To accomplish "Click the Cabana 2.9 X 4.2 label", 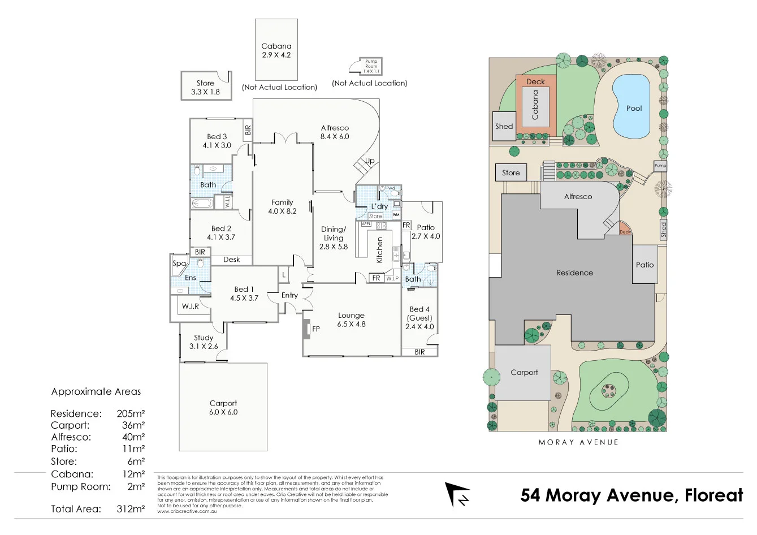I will [276, 50].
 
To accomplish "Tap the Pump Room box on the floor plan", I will [371, 66].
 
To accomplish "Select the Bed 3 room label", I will [217, 141].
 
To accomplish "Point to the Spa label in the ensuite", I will [179, 264].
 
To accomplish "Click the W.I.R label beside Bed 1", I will [190, 306].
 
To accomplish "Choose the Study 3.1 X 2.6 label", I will [204, 342].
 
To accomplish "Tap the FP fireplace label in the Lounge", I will [316, 329].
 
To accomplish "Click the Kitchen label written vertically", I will [380, 249].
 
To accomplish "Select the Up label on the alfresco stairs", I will [370, 161].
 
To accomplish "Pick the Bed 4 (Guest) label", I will [419, 318].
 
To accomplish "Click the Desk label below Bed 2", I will [231, 260].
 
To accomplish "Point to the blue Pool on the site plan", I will [631, 107].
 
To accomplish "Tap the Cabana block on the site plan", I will [535, 105].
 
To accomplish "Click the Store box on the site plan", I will [511, 172].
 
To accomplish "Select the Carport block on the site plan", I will [524, 373].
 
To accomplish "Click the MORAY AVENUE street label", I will [578, 442].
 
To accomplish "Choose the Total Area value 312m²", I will [131, 509].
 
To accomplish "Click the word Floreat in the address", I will [713, 495].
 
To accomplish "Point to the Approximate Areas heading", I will [96, 391].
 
